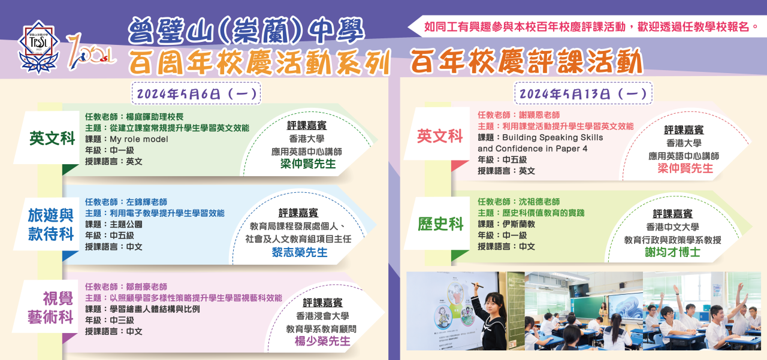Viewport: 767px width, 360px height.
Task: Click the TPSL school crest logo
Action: [39, 47]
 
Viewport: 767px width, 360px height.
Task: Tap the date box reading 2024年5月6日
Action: [196, 93]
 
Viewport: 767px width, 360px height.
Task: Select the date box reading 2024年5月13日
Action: [584, 93]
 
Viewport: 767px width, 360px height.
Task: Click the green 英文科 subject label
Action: [52, 138]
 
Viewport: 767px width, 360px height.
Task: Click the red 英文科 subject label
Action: [440, 136]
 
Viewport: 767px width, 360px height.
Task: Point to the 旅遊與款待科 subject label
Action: [51, 225]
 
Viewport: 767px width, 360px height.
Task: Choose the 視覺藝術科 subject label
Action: [51, 308]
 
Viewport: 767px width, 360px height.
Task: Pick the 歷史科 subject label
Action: [440, 224]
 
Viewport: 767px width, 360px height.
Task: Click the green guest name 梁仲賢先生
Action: [308, 164]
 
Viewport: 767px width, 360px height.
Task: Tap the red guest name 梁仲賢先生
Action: [685, 168]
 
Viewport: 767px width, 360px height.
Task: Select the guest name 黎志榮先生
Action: [300, 253]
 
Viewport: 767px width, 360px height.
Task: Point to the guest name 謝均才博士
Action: [673, 252]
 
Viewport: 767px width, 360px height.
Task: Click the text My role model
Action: [139, 140]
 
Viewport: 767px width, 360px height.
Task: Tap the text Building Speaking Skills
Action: [552, 138]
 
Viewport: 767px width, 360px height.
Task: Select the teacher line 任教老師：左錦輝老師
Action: [126, 202]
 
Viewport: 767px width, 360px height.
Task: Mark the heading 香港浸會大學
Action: [322, 316]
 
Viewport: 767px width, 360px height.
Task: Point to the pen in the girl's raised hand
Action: [478, 285]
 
